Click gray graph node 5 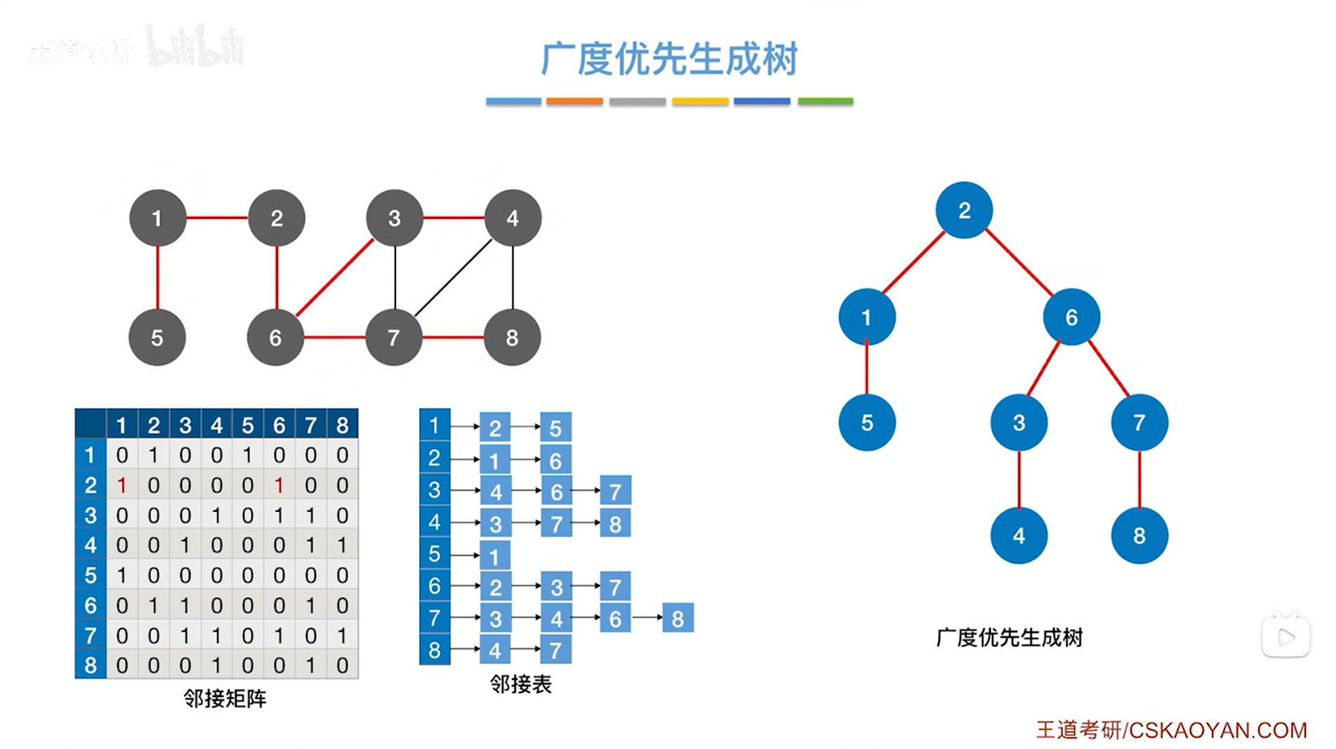click(157, 338)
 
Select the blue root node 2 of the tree click(964, 210)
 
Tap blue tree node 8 click(1139, 536)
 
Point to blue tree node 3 click(1019, 423)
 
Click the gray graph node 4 click(512, 218)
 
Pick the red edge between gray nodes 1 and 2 click(217, 218)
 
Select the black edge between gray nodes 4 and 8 click(512, 277)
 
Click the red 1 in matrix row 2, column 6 click(279, 485)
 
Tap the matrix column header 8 click(343, 425)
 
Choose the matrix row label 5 click(91, 575)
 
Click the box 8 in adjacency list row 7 click(677, 618)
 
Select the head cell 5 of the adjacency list click(435, 554)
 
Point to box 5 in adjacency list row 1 click(555, 427)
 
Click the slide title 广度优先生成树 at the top click(669, 58)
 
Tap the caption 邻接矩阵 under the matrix click(225, 698)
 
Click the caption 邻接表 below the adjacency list click(520, 684)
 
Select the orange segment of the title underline click(574, 102)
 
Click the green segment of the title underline click(825, 102)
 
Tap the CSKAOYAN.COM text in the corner click(1217, 730)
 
